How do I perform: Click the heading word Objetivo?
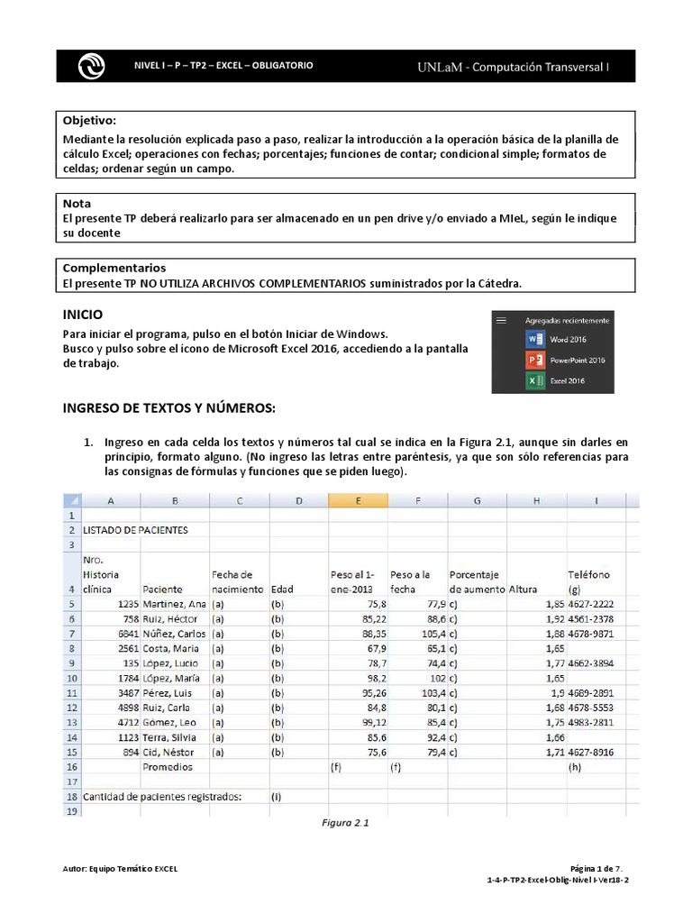pos(89,121)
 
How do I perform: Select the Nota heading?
pos(77,204)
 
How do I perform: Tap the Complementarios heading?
pos(114,269)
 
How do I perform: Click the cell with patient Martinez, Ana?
pos(174,603)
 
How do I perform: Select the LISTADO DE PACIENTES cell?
pos(135,530)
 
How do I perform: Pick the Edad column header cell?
pos(283,589)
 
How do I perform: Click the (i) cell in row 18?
pos(277,797)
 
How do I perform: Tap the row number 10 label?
pos(70,678)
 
